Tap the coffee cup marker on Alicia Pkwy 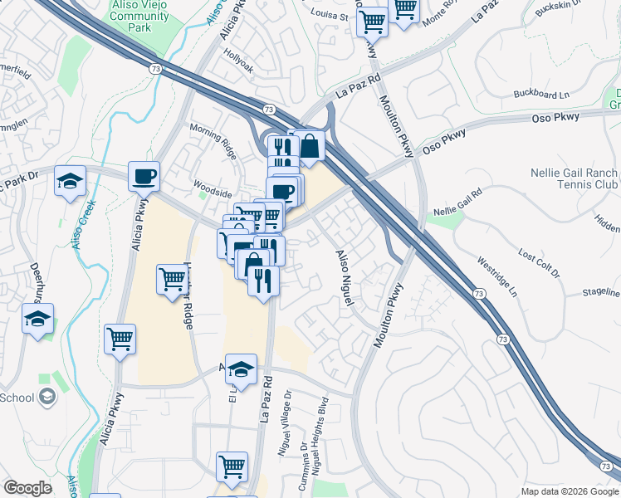(x=144, y=177)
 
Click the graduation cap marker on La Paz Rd (x=241, y=370)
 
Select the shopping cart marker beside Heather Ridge (x=171, y=280)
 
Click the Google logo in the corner (x=27, y=488)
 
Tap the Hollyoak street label (x=240, y=61)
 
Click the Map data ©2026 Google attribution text (x=569, y=491)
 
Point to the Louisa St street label (x=325, y=14)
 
